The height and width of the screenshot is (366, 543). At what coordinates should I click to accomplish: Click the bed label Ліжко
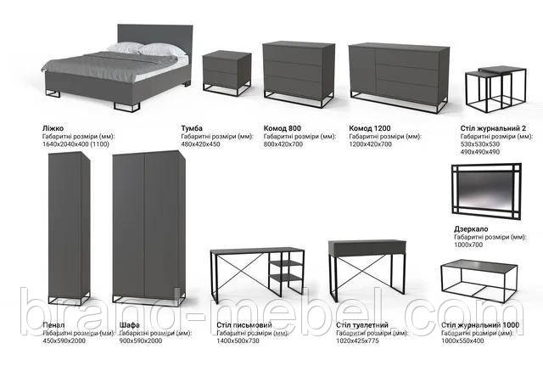pyautogui.click(x=53, y=127)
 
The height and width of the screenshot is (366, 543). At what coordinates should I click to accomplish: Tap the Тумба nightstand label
pyautogui.click(x=192, y=127)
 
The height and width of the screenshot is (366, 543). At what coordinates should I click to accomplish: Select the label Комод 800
pyautogui.click(x=283, y=127)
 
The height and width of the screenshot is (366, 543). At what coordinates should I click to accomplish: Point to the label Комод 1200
pyautogui.click(x=370, y=127)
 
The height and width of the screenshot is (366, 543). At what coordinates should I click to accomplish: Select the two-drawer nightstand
pyautogui.click(x=227, y=71)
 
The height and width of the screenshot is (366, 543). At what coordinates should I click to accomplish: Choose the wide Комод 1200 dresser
pyautogui.click(x=398, y=75)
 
